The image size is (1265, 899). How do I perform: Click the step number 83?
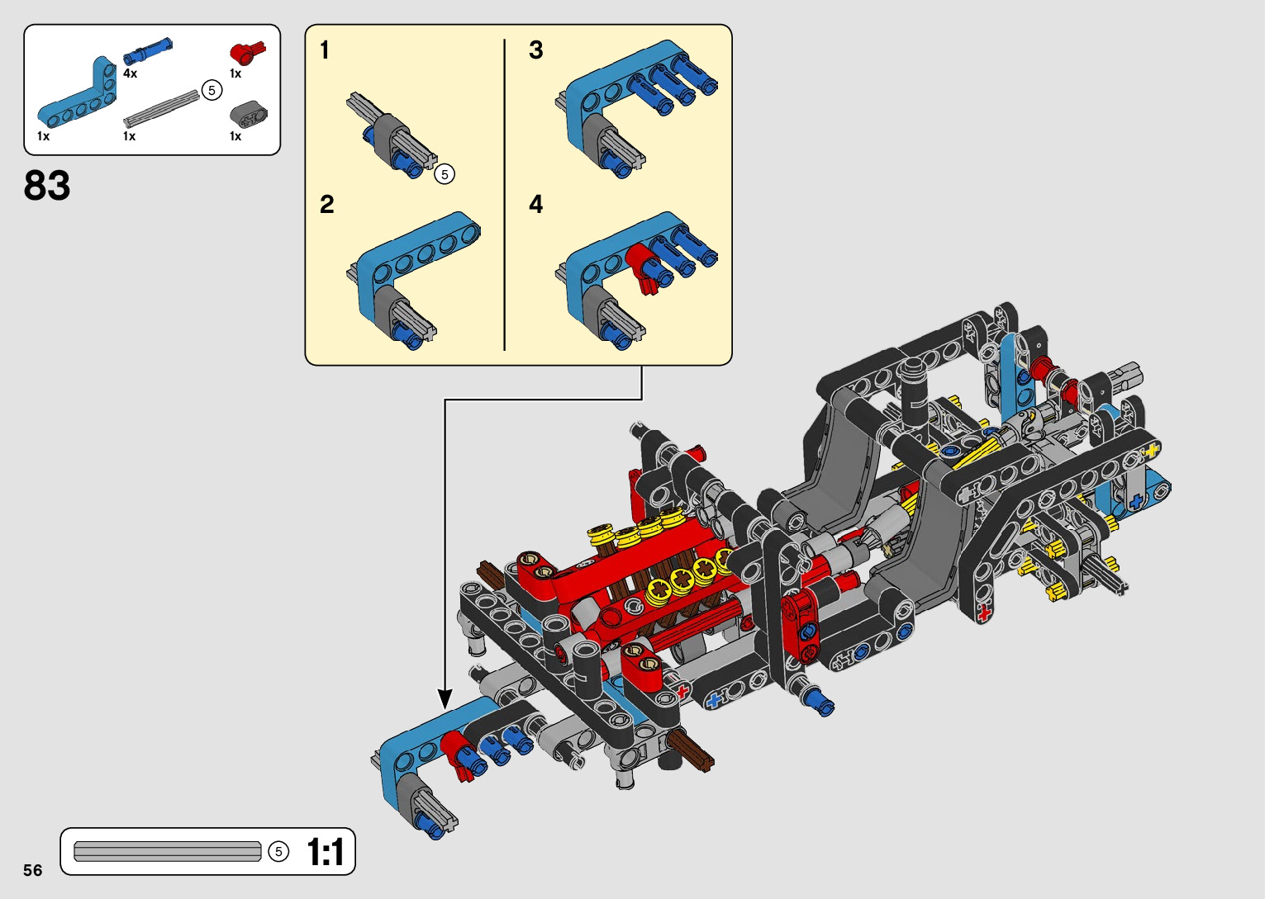[x=47, y=185]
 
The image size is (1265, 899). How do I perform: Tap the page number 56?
[x=33, y=870]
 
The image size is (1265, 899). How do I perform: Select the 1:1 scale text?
[x=326, y=852]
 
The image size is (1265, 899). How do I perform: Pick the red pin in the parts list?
[x=247, y=53]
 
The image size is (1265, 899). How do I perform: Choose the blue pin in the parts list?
[x=147, y=51]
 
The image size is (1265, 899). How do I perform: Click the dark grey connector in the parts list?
[x=249, y=114]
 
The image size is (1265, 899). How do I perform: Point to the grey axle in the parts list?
[x=161, y=108]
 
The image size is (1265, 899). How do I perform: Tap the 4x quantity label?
[x=130, y=73]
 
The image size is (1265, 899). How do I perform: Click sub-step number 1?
[x=324, y=50]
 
